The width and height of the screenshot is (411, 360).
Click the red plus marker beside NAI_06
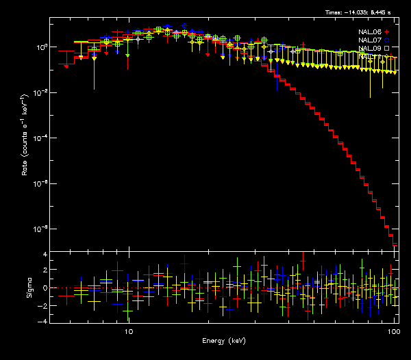pyautogui.click(x=386, y=32)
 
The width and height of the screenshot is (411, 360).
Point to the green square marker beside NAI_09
pyautogui.click(x=386, y=49)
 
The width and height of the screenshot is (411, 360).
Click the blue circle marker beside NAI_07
pyautogui.click(x=386, y=40)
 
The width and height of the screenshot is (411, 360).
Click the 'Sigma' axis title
pyautogui.click(x=29, y=287)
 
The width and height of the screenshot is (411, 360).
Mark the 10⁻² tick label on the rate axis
pyautogui.click(x=40, y=92)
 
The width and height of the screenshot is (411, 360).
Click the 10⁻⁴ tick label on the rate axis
pyautogui.click(x=40, y=138)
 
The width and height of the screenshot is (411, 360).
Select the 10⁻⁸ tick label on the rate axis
pyautogui.click(x=40, y=229)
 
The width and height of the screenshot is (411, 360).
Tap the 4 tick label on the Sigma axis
pyautogui.click(x=44, y=255)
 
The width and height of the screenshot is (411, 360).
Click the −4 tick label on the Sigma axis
pyautogui.click(x=42, y=321)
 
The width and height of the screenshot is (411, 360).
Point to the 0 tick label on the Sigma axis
pyautogui.click(x=44, y=287)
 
